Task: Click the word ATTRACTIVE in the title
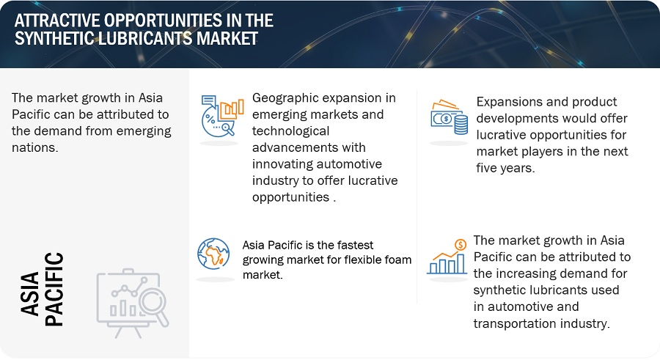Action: tap(56, 21)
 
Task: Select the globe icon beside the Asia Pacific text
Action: tap(214, 254)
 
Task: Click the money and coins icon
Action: tap(449, 117)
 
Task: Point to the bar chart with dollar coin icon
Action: tap(447, 257)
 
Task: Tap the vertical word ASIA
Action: tap(30, 294)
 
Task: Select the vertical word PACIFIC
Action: tap(54, 290)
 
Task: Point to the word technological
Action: tap(291, 131)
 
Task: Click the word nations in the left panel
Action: tap(34, 147)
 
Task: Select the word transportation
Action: tap(512, 323)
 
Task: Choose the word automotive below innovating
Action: tap(343, 164)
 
